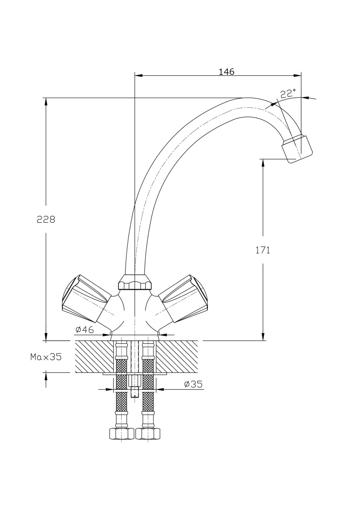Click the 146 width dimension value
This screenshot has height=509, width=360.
(226, 72)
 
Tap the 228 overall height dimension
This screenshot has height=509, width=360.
(46, 219)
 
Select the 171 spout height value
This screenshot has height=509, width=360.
(263, 250)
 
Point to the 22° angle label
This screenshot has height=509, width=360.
(288, 94)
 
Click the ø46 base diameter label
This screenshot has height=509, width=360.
(85, 329)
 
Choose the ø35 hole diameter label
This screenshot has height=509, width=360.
(193, 384)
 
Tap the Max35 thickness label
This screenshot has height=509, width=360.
(46, 357)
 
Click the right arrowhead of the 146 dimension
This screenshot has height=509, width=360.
(297, 76)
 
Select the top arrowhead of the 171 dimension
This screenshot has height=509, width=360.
(263, 163)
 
